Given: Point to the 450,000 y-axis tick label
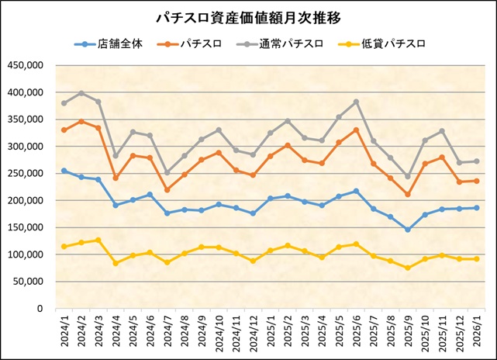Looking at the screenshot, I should pos(26,65).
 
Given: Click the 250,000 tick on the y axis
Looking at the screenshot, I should pos(26,174).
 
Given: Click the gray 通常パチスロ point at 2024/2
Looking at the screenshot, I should pos(81,93).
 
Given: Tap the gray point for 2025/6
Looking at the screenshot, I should pos(356,102).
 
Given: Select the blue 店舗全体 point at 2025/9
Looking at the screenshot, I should pos(408,230).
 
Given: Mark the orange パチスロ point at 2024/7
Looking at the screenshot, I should pos(167,189).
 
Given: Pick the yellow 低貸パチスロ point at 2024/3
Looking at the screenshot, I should pos(98,240).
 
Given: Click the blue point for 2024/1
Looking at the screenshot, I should pos(64,171).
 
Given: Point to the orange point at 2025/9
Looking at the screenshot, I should pos(408,194).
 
